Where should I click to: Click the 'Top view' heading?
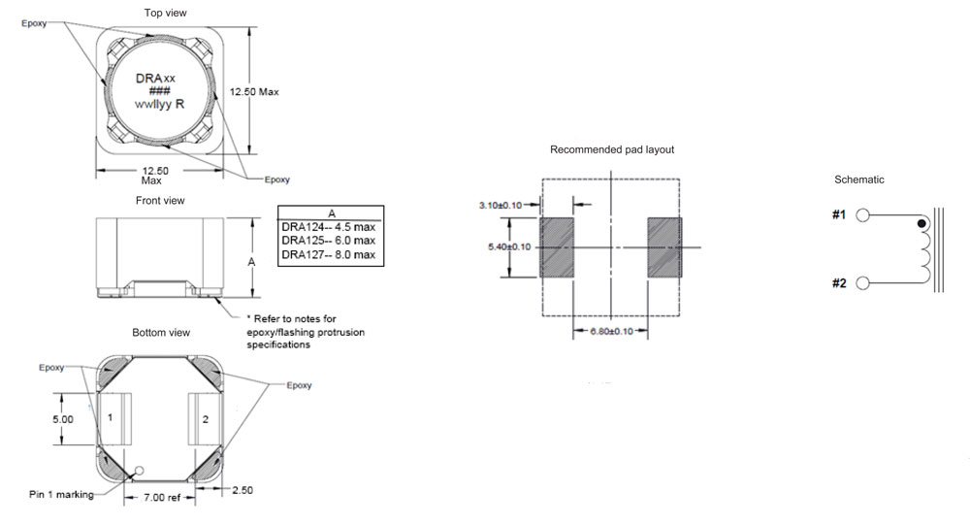165,13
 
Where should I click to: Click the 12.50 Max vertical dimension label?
253,91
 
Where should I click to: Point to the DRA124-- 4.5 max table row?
327,227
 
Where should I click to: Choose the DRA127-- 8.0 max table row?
327,254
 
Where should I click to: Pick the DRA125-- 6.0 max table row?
327,241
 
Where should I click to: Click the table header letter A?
331,213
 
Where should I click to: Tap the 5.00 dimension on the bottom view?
62,419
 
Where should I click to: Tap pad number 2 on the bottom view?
206,419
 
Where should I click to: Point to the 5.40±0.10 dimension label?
508,247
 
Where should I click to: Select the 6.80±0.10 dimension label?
611,332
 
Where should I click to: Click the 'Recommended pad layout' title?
611,149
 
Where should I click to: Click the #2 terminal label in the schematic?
840,282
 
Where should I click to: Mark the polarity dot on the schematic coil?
921,225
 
